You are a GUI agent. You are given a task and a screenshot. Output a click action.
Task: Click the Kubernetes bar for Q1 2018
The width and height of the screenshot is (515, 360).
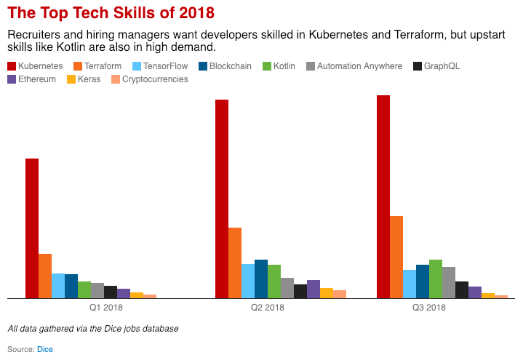click(x=32, y=228)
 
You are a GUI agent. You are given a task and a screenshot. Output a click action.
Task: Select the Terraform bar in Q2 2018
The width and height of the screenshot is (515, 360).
click(x=235, y=263)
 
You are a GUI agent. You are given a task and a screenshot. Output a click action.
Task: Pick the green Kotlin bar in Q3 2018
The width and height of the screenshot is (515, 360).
click(x=436, y=279)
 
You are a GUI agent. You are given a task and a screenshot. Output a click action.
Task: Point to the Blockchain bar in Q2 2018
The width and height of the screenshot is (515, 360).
click(x=261, y=279)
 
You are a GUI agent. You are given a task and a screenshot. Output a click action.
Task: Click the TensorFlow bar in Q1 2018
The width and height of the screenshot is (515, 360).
click(x=58, y=286)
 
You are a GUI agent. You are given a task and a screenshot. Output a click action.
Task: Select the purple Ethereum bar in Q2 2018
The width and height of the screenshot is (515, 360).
click(x=314, y=289)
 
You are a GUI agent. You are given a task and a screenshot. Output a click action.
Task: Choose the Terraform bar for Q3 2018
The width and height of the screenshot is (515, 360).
click(x=396, y=257)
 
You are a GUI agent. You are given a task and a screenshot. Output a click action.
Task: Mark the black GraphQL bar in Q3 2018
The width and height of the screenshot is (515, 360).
click(x=462, y=289)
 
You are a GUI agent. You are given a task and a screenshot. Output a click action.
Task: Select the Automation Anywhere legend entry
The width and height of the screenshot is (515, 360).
click(x=354, y=66)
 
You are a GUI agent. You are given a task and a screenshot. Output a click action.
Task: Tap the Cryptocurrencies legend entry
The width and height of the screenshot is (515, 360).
click(x=149, y=79)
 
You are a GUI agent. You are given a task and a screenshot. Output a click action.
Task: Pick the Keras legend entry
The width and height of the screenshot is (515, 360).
click(x=84, y=79)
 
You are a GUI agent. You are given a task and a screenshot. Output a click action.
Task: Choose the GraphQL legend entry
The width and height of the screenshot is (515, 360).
click(x=436, y=66)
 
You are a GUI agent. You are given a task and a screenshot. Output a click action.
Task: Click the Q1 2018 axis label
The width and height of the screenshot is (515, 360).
click(x=106, y=308)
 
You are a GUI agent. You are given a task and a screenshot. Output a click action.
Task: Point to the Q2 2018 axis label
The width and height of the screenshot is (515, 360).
click(x=268, y=308)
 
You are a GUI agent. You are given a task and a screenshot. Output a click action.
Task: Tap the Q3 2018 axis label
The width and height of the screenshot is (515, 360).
click(x=429, y=308)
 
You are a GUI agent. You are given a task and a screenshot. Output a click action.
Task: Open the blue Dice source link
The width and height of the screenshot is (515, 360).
click(x=45, y=349)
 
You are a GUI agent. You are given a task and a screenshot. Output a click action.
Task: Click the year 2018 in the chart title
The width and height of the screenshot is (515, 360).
click(x=196, y=13)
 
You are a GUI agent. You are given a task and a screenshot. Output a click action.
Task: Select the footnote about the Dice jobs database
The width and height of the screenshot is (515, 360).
click(x=93, y=329)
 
